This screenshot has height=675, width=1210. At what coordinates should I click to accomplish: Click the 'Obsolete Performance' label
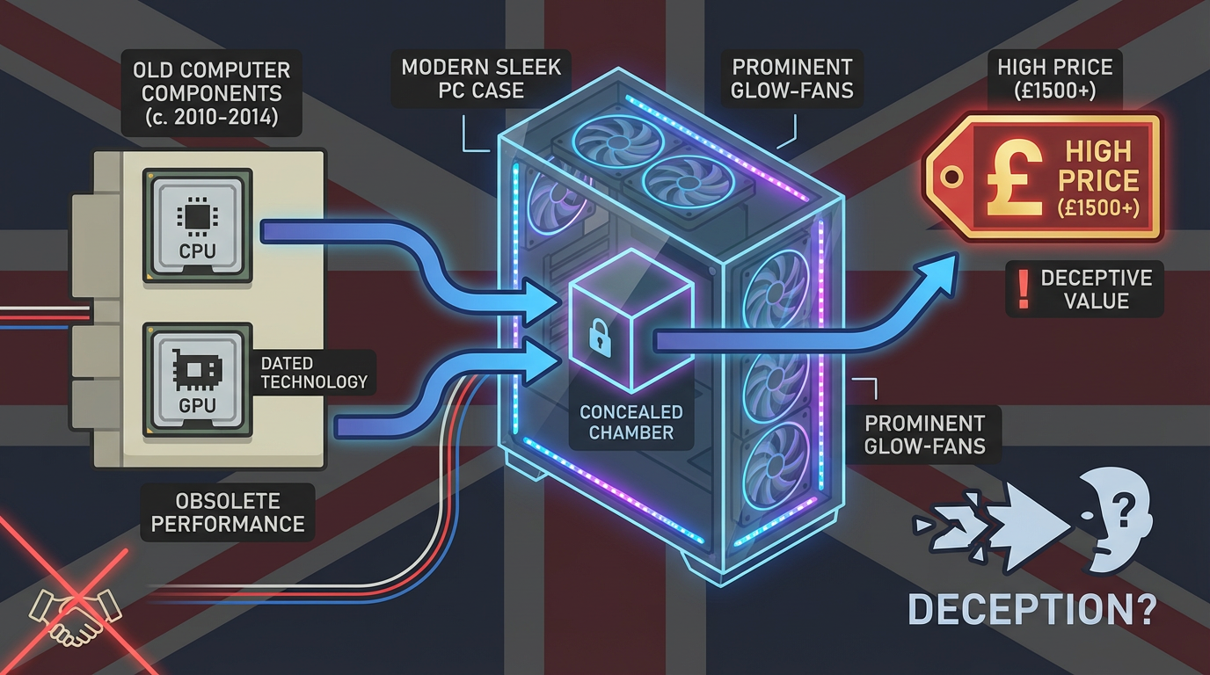pyautogui.click(x=228, y=512)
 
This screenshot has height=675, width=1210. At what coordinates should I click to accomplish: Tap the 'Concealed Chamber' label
pyautogui.click(x=631, y=422)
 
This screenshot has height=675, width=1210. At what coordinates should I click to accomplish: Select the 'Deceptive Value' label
pyautogui.click(x=1084, y=289)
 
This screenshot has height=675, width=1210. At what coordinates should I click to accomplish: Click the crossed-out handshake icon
pyautogui.click(x=74, y=606)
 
